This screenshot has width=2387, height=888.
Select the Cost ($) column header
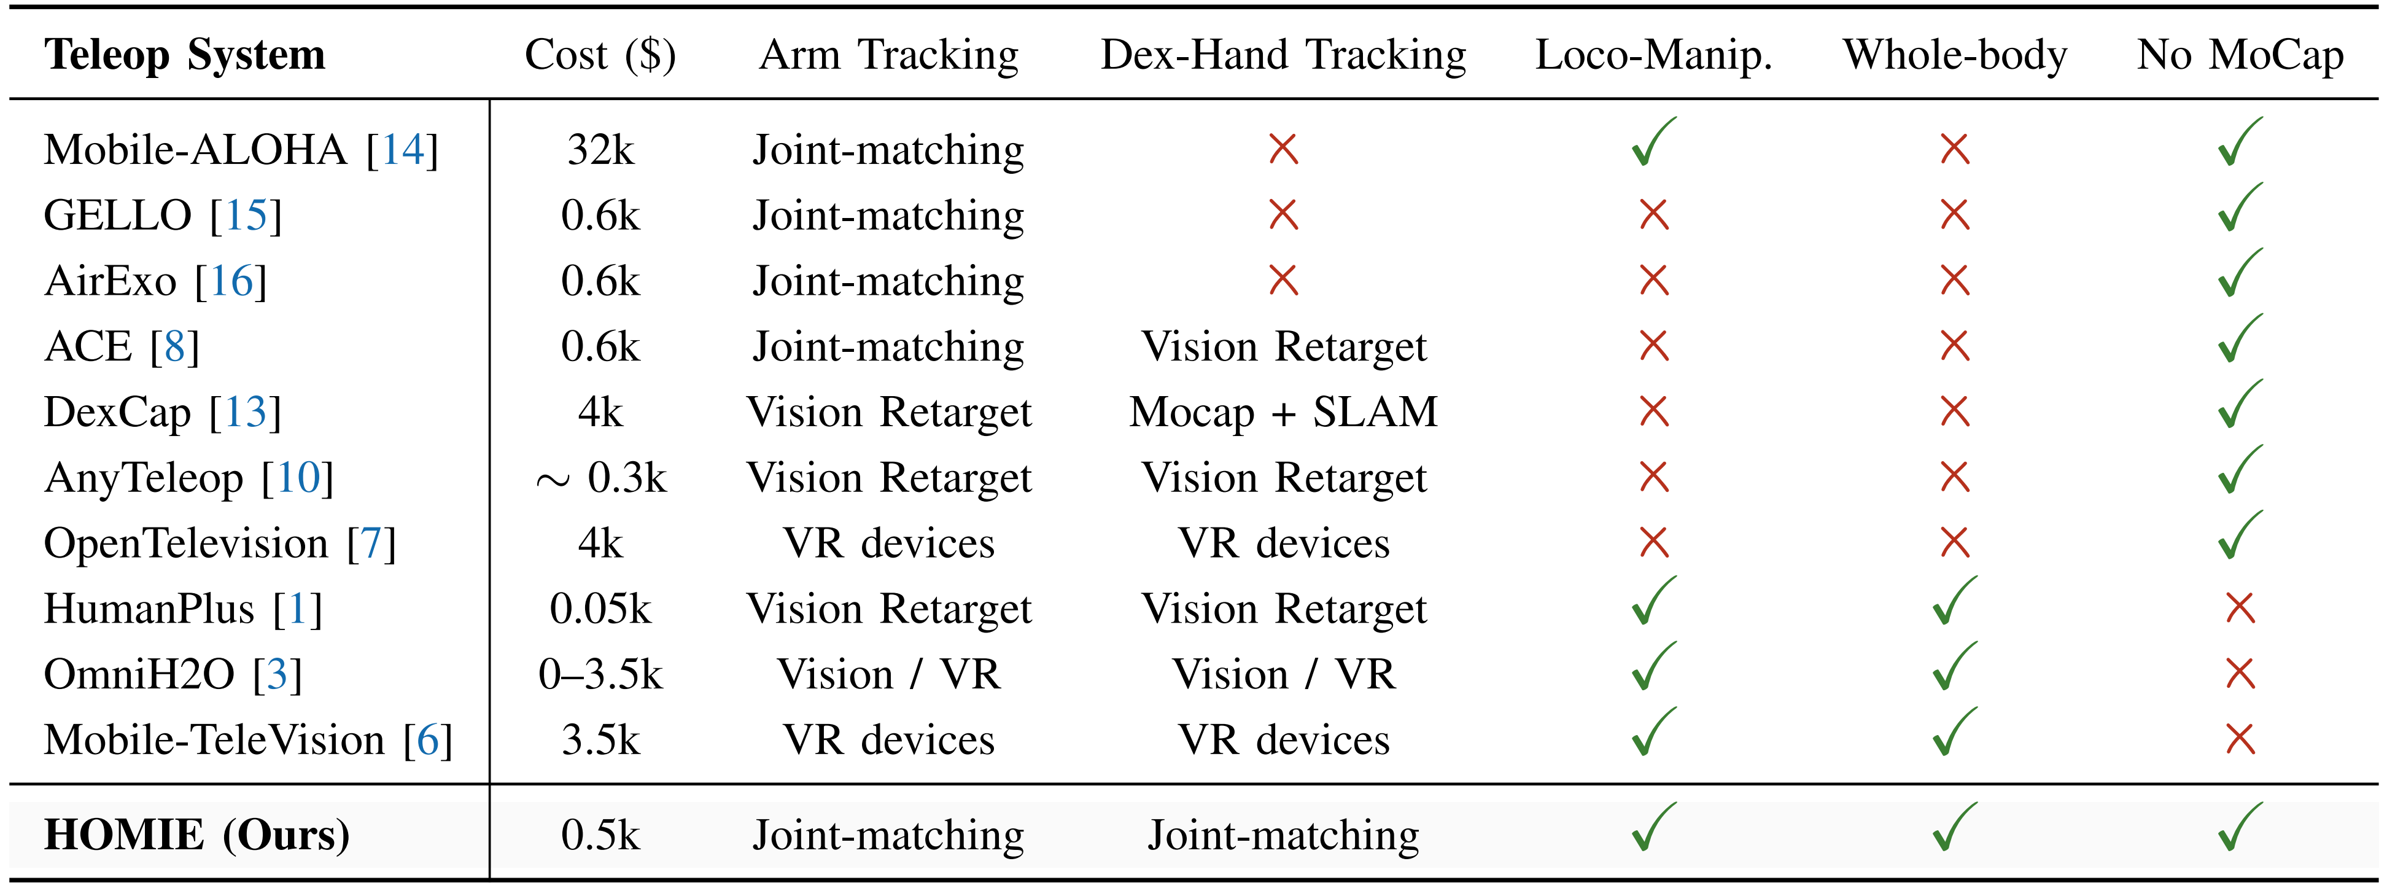600,55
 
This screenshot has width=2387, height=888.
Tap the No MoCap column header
2240,55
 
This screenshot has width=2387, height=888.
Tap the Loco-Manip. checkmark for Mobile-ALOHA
1653,144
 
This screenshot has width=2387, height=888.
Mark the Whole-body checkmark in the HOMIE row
1954,828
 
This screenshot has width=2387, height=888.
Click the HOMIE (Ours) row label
196,835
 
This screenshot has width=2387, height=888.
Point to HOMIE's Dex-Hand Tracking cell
1283,835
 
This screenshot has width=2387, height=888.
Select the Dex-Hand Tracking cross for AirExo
1283,281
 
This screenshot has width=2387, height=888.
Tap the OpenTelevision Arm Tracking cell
888,544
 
